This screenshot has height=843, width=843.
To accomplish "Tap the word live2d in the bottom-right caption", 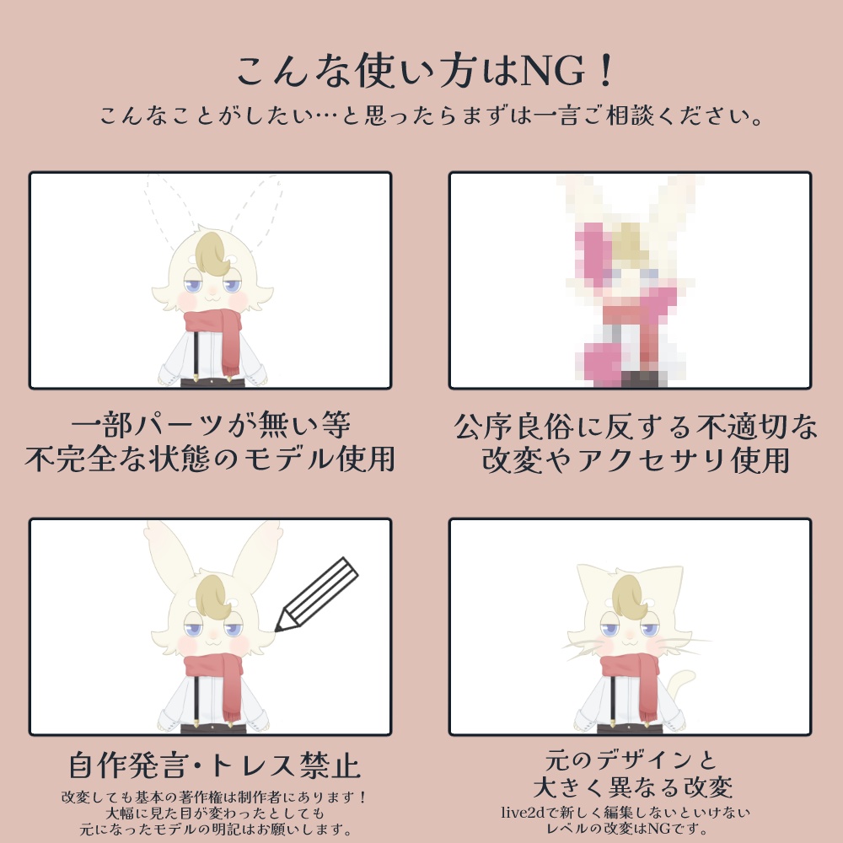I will coord(524,813).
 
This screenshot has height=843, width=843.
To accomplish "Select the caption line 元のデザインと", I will coord(631,759).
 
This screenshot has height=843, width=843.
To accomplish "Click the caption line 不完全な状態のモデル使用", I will coord(210,460).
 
